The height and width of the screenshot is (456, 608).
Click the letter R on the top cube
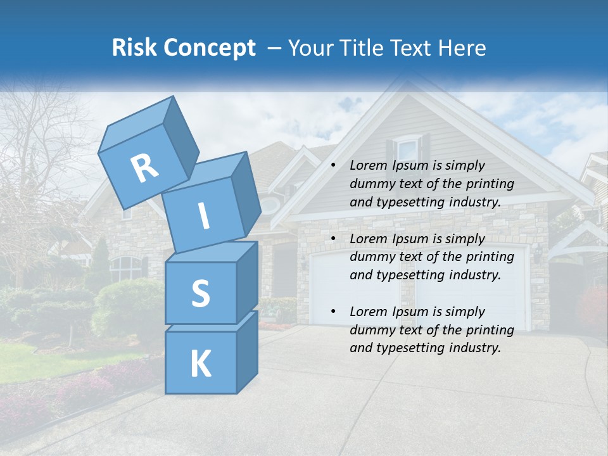click(x=144, y=168)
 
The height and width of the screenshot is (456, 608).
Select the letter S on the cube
click(x=200, y=293)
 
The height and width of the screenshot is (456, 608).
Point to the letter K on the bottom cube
click(x=200, y=364)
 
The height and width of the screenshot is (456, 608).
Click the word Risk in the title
click(x=134, y=48)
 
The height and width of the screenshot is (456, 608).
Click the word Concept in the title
click(x=209, y=48)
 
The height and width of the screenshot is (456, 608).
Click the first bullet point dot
click(x=333, y=166)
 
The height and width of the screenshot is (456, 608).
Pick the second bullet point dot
click(x=333, y=239)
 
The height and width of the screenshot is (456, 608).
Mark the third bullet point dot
click(x=333, y=312)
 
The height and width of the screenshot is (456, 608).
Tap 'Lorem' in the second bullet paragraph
click(x=365, y=239)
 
